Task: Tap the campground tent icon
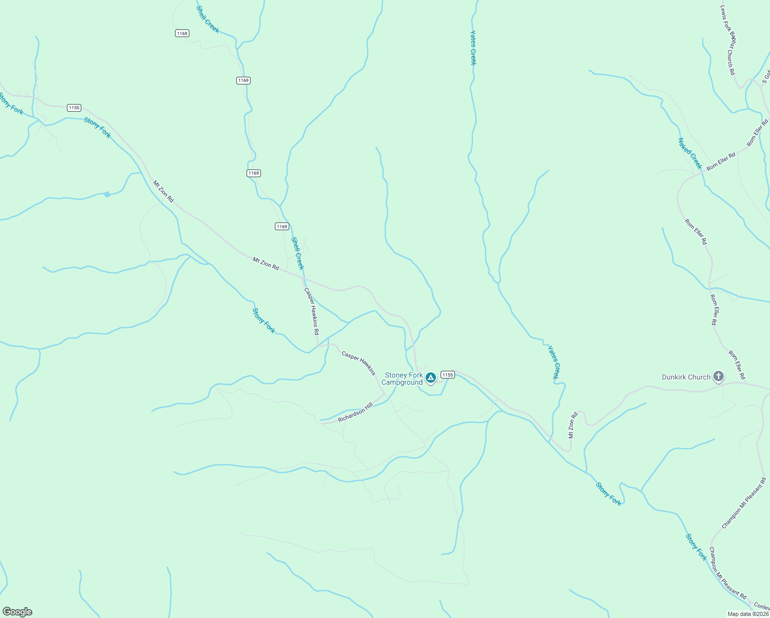point(431,378)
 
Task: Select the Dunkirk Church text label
point(686,377)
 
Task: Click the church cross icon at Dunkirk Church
point(719,377)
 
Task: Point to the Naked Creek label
point(690,153)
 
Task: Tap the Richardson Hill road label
point(355,413)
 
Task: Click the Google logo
point(17,612)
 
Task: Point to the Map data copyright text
point(748,614)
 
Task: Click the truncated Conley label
point(762,606)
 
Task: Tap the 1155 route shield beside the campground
point(448,375)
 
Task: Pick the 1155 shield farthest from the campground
point(74,108)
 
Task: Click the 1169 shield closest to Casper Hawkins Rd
point(282,227)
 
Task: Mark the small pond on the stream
point(107,194)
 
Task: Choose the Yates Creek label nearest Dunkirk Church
point(554,362)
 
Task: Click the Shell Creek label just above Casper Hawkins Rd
point(297,253)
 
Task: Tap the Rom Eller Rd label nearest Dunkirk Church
point(737,365)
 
